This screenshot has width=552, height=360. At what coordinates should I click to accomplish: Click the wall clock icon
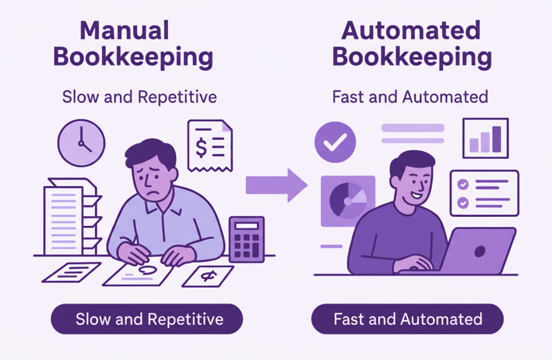click(x=81, y=143)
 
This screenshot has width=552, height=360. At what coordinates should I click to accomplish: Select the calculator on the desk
click(x=246, y=239)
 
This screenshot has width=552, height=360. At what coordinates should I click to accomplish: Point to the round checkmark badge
click(x=335, y=142)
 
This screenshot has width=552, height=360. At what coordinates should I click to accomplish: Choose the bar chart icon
click(x=485, y=138)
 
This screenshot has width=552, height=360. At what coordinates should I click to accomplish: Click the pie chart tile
click(x=348, y=201)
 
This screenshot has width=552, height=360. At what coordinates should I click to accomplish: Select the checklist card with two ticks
click(x=484, y=193)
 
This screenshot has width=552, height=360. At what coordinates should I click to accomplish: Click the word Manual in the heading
click(x=125, y=31)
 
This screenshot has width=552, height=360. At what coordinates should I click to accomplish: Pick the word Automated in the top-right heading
click(x=411, y=31)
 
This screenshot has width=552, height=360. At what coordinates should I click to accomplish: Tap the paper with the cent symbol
click(x=208, y=276)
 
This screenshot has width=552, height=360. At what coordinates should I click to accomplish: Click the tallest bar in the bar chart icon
click(x=496, y=139)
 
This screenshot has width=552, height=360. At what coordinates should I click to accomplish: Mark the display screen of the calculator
click(x=246, y=226)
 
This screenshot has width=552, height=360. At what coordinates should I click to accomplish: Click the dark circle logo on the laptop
click(x=480, y=251)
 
